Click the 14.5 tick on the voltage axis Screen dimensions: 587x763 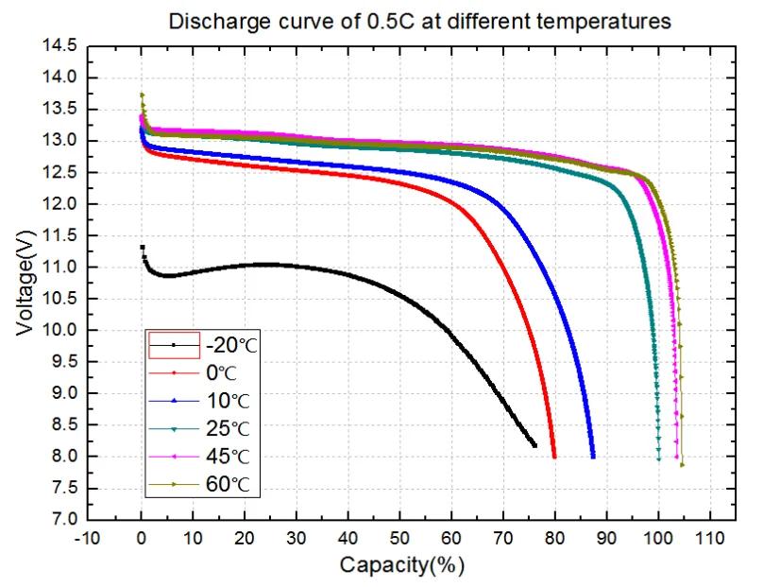coord(59,45)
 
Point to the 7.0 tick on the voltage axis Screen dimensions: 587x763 coord(63,520)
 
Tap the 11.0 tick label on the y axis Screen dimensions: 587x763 coord(59,268)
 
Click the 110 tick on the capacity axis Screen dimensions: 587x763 coord(709,538)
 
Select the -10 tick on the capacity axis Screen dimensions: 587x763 coord(90,538)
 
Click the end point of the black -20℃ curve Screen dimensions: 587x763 coord(535,445)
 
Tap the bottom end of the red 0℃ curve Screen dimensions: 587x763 coord(554,457)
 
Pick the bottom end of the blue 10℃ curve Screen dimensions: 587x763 coord(593,457)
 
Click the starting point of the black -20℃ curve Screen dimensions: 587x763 coord(142,247)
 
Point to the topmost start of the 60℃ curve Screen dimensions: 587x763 coord(142,95)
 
